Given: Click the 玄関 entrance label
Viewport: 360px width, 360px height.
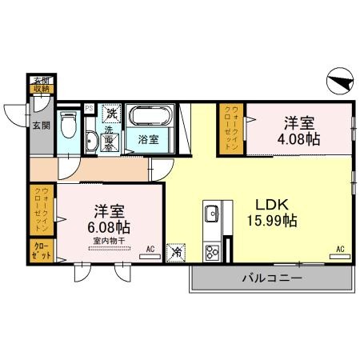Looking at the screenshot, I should click(40, 123).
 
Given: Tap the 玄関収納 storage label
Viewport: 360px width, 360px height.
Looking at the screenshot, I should click(41, 85).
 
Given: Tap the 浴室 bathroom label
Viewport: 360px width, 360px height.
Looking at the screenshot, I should click(148, 138).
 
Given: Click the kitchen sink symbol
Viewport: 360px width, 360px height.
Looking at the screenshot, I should click(213, 214).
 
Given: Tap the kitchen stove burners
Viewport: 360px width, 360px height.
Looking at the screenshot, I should click(213, 253).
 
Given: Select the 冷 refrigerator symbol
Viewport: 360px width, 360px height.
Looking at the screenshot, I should click(176, 252).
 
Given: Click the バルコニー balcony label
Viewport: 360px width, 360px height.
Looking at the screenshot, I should click(271, 278).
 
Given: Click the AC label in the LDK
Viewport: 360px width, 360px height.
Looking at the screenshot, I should click(340, 250).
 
